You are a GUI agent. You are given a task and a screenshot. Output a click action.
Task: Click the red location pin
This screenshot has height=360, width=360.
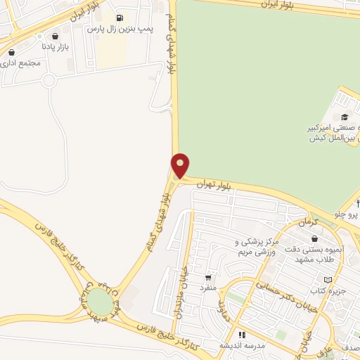tap(181, 165)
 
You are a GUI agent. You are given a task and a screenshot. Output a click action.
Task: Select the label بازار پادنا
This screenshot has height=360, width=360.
tap(54, 46)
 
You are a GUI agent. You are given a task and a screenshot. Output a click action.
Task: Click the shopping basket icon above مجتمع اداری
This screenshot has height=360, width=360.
tap(11, 52)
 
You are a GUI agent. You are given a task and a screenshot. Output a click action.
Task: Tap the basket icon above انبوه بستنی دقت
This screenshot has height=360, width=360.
tap(314, 238)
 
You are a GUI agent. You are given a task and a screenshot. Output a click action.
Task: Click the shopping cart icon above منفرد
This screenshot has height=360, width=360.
tap(207, 277)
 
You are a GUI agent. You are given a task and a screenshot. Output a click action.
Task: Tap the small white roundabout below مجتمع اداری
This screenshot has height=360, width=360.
tap(49, 80)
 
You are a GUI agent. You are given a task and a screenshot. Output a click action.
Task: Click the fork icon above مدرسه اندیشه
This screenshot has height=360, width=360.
tap(241, 335)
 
